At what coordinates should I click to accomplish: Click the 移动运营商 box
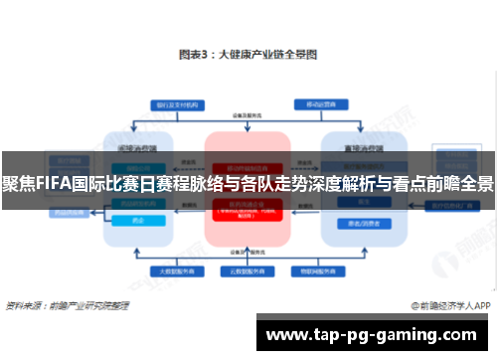317,102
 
